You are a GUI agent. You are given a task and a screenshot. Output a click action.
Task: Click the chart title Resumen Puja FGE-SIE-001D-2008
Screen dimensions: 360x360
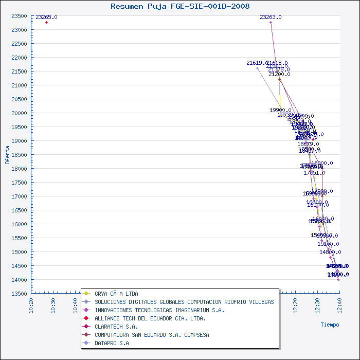(x=180, y=6)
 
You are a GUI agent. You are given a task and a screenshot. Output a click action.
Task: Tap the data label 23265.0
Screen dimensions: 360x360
(x=46, y=17)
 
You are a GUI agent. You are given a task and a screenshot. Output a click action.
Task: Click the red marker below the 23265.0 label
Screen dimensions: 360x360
(x=46, y=22)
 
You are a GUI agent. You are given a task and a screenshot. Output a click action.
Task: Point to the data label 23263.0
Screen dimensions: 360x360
(x=271, y=17)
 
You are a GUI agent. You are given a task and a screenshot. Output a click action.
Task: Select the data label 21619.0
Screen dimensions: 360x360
(x=257, y=63)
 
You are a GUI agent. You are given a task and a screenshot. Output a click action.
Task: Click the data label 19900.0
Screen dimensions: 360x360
(x=280, y=110)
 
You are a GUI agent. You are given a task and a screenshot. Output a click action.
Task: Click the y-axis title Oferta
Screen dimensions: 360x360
(x=7, y=154)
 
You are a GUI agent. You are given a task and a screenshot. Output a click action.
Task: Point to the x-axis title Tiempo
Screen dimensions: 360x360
(x=330, y=325)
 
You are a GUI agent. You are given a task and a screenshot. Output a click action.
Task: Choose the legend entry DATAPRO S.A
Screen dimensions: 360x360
(x=112, y=343)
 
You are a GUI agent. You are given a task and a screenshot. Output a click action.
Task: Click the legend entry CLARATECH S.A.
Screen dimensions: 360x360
(x=116, y=327)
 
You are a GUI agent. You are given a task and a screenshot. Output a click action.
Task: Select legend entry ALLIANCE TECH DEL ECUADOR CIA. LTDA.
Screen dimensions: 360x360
(x=150, y=318)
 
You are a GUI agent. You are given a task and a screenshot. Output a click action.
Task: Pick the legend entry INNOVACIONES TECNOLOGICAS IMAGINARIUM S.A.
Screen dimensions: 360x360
(x=159, y=310)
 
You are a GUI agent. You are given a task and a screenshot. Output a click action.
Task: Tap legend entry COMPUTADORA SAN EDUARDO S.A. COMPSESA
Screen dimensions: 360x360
(x=152, y=335)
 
